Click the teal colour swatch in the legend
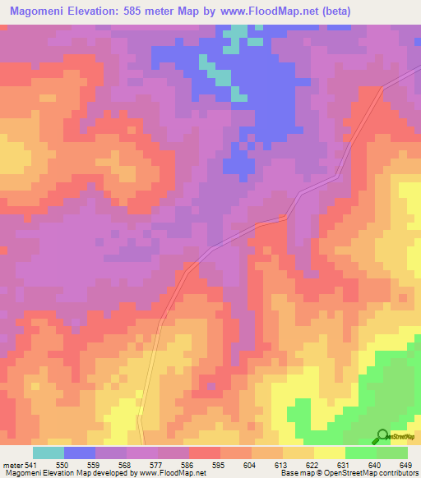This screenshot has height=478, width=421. coord(49,453)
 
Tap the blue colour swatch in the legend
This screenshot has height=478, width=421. coord(80,453)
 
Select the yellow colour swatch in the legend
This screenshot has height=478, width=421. coord(330,453)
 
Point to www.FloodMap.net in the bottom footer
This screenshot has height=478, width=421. coord(173,473)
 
